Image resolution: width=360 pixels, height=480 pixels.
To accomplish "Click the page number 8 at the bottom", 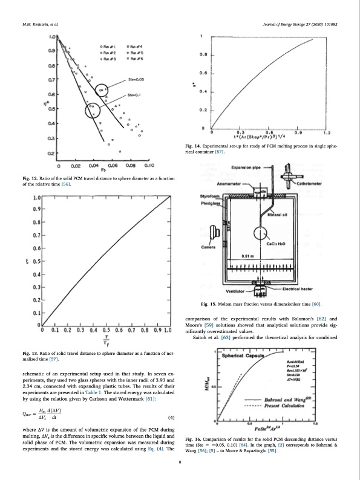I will pyautogui.click(x=180, y=462).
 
